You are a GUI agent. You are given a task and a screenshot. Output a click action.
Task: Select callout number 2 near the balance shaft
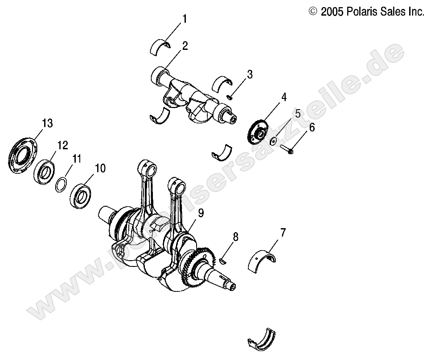184,46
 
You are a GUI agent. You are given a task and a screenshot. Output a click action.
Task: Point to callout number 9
201,213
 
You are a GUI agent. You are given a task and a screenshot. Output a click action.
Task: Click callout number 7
283,233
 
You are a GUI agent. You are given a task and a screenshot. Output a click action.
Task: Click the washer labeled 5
275,142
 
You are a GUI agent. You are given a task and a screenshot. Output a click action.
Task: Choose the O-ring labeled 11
62,184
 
